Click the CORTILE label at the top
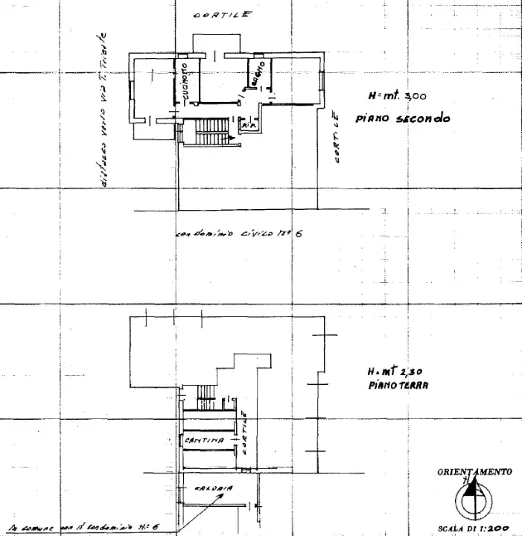coord(222,15)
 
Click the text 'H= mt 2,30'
coord(395,372)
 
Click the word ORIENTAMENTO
coord(474,472)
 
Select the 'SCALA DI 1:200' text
coord(474,528)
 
